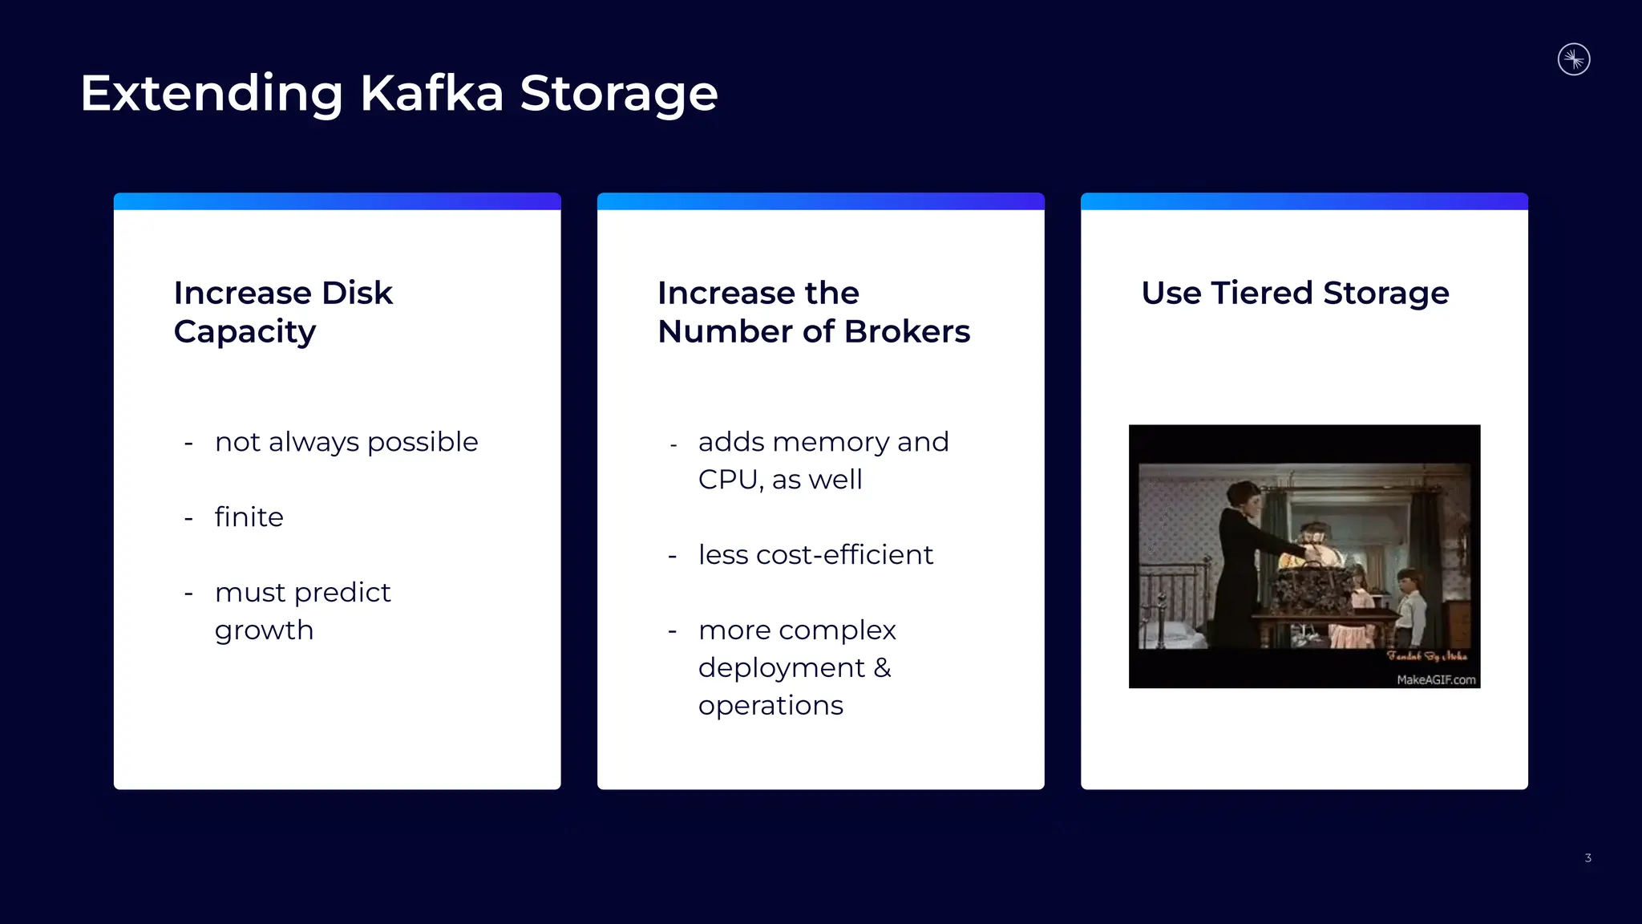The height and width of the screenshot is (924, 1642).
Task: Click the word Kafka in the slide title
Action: tap(431, 93)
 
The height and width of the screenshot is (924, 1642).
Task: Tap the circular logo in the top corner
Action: tap(1574, 59)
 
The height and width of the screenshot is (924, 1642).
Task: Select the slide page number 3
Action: tap(1587, 858)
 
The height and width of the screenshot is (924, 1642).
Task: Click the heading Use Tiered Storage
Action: tap(1295, 293)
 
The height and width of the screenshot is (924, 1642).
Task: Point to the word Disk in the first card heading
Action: tap(357, 293)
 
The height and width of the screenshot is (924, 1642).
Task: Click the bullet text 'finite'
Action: tap(249, 517)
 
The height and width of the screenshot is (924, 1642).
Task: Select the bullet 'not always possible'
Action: tap(346, 442)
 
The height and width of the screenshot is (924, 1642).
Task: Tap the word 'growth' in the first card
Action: tap(264, 630)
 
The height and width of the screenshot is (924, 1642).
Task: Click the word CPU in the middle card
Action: tap(730, 480)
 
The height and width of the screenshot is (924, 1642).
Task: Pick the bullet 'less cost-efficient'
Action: tap(815, 555)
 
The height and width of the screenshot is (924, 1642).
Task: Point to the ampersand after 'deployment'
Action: tap(882, 667)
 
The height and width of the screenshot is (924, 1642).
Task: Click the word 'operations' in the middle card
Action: tap(770, 706)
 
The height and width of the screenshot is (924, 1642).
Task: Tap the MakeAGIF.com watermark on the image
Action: tap(1436, 680)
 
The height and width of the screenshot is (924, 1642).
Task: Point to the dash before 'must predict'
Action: tap(189, 594)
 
